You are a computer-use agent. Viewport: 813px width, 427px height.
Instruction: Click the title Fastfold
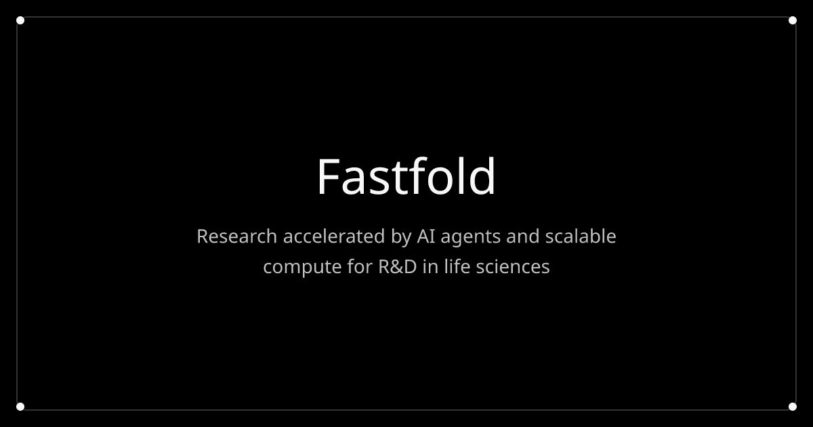[406, 177]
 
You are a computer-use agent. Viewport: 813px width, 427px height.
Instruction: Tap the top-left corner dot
[20, 20]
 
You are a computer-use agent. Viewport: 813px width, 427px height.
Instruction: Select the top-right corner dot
[793, 20]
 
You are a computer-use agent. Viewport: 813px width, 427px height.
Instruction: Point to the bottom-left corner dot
[20, 407]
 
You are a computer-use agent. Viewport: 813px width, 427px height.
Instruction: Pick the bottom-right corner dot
[793, 407]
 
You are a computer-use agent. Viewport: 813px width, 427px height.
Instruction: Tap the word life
[457, 266]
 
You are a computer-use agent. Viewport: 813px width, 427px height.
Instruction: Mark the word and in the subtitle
[522, 237]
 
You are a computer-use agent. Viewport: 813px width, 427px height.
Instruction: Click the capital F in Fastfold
[328, 177]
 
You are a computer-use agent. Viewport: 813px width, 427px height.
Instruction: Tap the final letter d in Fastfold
[484, 177]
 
